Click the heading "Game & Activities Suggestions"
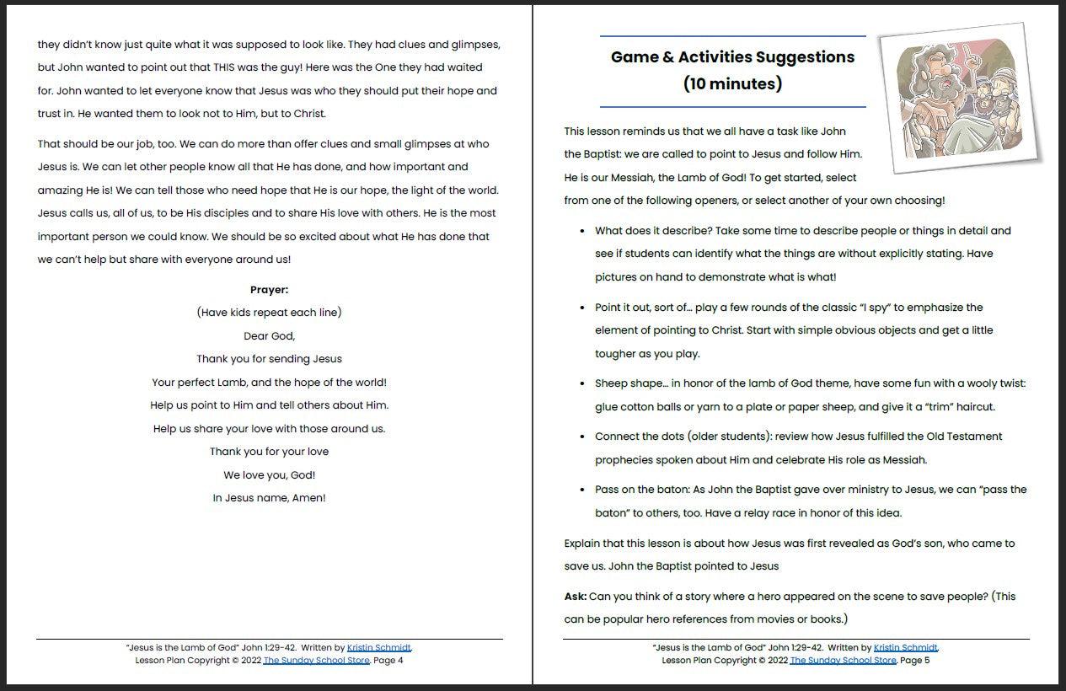[732, 57]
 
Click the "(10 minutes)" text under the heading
[732, 83]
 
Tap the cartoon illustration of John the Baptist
[959, 99]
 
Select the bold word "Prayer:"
[269, 290]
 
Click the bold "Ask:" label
[576, 597]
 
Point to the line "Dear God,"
[269, 336]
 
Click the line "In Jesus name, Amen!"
[269, 498]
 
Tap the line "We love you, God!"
[269, 475]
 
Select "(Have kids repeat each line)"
[269, 313]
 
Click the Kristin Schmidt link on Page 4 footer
[379, 648]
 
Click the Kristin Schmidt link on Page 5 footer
[906, 648]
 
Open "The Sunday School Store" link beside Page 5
[843, 661]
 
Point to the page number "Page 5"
[915, 661]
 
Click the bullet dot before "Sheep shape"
[583, 384]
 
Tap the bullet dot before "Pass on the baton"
[583, 490]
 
